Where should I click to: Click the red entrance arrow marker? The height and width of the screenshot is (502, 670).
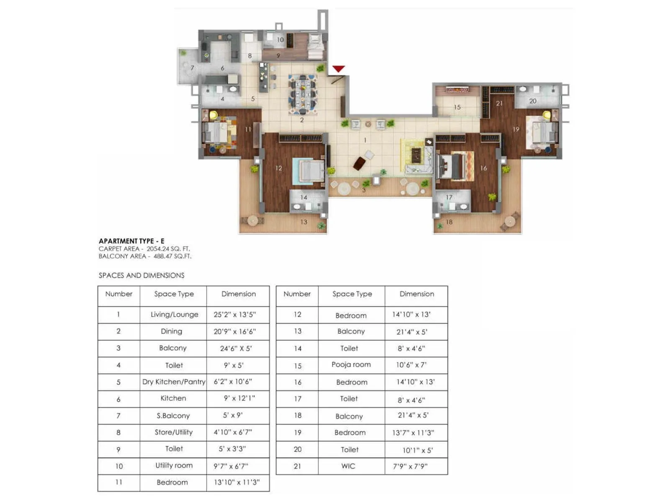pos(338,69)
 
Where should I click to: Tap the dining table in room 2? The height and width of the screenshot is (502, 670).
pos(302,94)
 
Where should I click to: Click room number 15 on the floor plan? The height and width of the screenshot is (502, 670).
pos(457,108)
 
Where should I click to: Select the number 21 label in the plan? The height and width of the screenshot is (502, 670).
pos(499,103)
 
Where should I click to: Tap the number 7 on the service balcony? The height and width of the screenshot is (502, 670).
pos(192,68)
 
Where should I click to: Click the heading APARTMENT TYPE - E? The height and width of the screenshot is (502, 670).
pos(131,241)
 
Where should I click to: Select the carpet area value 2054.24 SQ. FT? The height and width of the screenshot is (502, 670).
pos(168,248)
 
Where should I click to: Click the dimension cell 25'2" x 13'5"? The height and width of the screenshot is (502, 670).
pos(234,315)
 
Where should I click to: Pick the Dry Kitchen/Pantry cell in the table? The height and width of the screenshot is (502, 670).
pos(174,382)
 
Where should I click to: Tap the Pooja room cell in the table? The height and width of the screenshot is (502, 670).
pos(351,364)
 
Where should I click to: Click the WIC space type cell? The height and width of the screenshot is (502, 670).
pos(348,466)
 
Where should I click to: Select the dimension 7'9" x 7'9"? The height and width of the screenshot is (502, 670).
pos(410,466)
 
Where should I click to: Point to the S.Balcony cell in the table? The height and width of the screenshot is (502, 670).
pos(173,415)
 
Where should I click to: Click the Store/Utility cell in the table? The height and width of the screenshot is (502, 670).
pos(173,432)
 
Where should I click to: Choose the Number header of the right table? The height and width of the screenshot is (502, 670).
pos(297,294)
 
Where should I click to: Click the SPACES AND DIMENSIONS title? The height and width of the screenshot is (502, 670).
pos(141,275)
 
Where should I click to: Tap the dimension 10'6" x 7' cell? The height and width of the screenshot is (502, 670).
pos(411,365)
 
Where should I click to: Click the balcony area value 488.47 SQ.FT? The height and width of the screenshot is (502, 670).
pos(172,256)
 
